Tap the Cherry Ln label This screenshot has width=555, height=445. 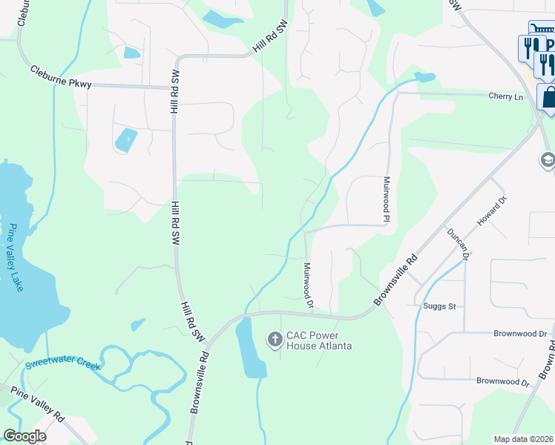(x=505, y=96)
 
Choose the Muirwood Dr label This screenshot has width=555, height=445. (x=308, y=284)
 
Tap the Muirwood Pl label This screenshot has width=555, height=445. (x=387, y=199)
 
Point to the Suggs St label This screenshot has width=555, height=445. (x=440, y=306)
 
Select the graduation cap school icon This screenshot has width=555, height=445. (x=548, y=160)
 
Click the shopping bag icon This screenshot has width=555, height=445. (x=549, y=96)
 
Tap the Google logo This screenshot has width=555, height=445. (x=24, y=436)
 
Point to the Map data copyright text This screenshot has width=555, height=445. (x=524, y=439)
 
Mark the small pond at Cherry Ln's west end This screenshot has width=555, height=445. (x=424, y=76)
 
